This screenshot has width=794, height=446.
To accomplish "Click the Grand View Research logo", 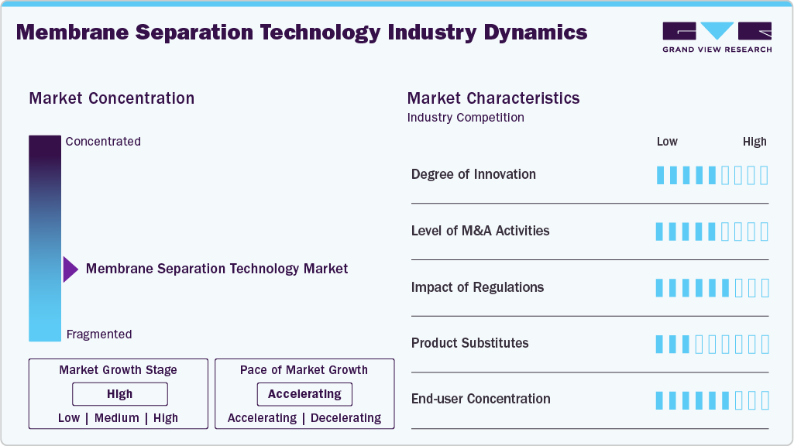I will click(717, 36).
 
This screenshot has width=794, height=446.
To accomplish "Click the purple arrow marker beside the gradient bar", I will click(70, 269).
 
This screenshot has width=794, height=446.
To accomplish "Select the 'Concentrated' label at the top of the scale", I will click(103, 142).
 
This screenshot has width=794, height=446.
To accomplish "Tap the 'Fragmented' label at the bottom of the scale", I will click(99, 334).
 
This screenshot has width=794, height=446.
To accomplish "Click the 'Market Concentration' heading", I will click(112, 98).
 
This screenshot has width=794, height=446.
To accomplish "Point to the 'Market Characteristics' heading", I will click(493, 98).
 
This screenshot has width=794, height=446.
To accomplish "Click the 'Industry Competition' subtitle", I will click(465, 118).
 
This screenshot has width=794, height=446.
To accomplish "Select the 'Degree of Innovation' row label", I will click(473, 174).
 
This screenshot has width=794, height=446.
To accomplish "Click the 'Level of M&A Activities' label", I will click(480, 231).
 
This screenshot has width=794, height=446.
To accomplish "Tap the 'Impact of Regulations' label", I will click(477, 287).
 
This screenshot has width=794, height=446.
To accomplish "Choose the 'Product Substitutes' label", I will click(469, 343).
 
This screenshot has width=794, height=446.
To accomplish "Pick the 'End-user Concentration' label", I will click(480, 399).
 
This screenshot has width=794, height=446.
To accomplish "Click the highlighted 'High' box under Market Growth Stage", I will click(120, 394).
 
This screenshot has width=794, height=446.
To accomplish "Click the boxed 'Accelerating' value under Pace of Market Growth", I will click(304, 394).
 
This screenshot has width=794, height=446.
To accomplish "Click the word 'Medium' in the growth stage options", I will click(117, 418).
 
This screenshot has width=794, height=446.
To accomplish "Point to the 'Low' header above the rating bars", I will click(667, 142).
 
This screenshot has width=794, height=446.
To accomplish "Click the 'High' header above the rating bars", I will click(754, 142).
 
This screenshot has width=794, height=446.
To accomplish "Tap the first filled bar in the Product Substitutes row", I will click(660, 344).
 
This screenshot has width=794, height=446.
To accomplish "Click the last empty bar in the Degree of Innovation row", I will click(764, 175).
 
